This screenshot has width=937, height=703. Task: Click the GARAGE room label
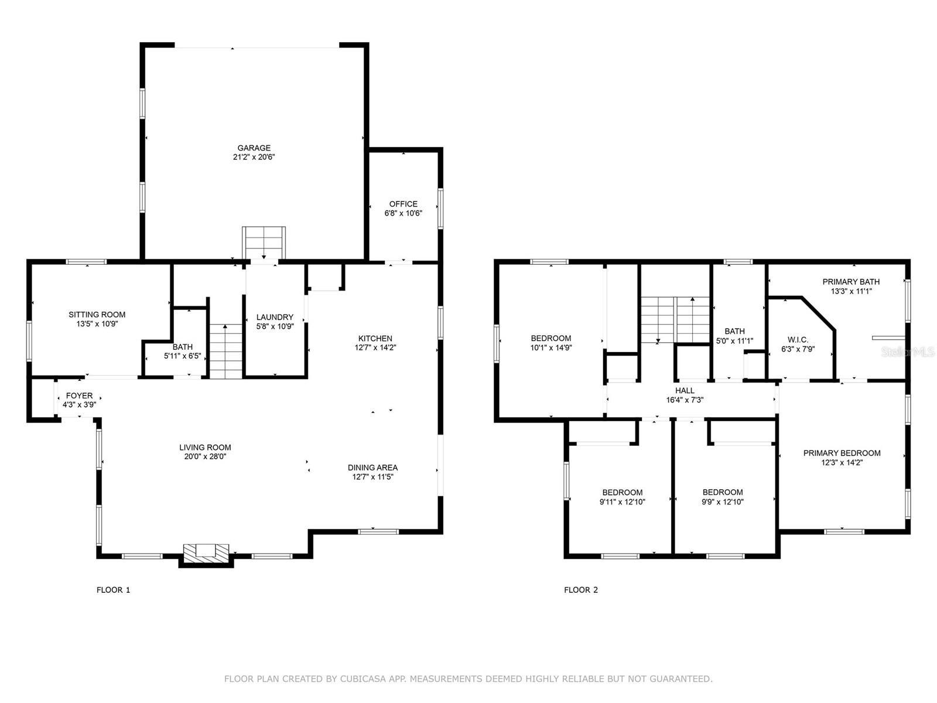pos(254,148)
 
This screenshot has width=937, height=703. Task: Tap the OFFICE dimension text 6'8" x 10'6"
pos(403,213)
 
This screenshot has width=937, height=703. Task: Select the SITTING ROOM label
pos(97,315)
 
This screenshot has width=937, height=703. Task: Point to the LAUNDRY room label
pos(275,317)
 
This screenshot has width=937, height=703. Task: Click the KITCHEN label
pos(375,339)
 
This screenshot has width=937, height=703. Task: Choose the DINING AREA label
pos(372,467)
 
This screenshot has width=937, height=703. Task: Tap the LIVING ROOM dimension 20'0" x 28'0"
pos(206,457)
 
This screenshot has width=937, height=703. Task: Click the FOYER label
pos(80,395)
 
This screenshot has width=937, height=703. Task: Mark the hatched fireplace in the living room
pos(206,554)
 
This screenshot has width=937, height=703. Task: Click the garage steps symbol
pos(264,243)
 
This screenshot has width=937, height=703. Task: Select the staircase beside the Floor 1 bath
pos(225,351)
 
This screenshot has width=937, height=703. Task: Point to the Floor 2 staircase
pos(675,320)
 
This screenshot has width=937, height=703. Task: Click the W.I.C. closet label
pos(798,340)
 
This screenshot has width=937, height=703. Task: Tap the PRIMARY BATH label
pos(851,282)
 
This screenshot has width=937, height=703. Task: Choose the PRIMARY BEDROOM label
pos(842,453)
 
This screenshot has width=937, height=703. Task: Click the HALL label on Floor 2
pos(685,391)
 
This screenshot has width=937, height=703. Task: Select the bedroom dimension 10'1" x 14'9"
pos(551,348)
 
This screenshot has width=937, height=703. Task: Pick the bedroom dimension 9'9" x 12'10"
pos(723,502)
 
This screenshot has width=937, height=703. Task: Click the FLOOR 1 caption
pos(113,590)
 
